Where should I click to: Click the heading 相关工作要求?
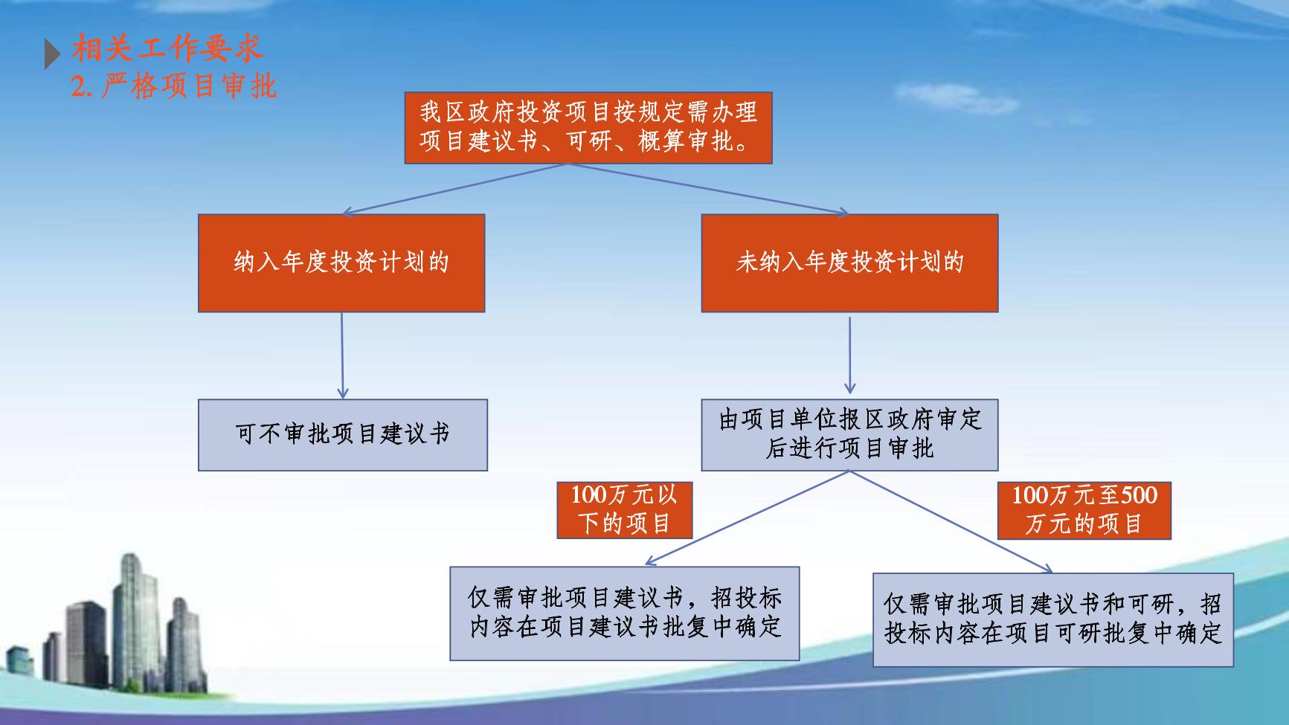point(167,50)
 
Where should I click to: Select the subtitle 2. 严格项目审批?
point(174,86)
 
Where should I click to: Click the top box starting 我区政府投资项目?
point(588,128)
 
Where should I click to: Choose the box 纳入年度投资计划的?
point(341,263)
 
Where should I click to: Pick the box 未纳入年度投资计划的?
point(849,263)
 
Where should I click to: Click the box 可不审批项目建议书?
point(343,435)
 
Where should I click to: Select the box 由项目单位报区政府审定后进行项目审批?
point(849,435)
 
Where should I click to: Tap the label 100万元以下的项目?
point(625,509)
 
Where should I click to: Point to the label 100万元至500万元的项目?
point(1084,510)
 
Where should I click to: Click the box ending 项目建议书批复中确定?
point(625,613)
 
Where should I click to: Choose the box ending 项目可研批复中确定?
point(1053,619)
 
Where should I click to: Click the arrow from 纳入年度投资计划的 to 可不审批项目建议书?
point(342,355)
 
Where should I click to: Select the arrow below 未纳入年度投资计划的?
point(849,355)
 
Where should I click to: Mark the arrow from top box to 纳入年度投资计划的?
point(455,189)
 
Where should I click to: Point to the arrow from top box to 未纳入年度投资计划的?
point(709,189)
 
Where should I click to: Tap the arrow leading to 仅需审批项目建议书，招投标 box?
point(747,518)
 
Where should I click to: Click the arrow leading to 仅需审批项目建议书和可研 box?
point(951,521)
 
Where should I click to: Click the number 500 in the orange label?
point(1139,495)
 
